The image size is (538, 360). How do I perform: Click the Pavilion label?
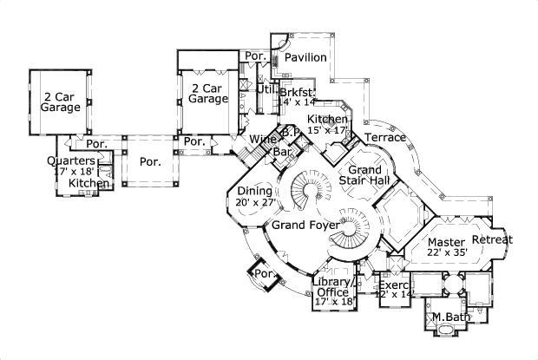click(x=306, y=57)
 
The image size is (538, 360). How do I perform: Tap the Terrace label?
click(x=384, y=137)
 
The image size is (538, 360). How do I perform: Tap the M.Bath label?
click(x=447, y=317)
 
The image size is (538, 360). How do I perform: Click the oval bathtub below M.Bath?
click(x=447, y=333)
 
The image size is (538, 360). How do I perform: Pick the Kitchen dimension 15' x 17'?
click(x=327, y=130)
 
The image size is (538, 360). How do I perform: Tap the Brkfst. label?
click(x=297, y=91)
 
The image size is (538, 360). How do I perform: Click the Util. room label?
click(x=266, y=88)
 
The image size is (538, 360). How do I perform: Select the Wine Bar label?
click(x=260, y=144)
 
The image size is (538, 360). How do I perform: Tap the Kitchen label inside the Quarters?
click(x=89, y=183)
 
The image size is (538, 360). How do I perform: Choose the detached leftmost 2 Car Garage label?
click(x=59, y=101)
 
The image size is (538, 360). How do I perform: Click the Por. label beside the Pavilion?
click(x=254, y=56)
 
